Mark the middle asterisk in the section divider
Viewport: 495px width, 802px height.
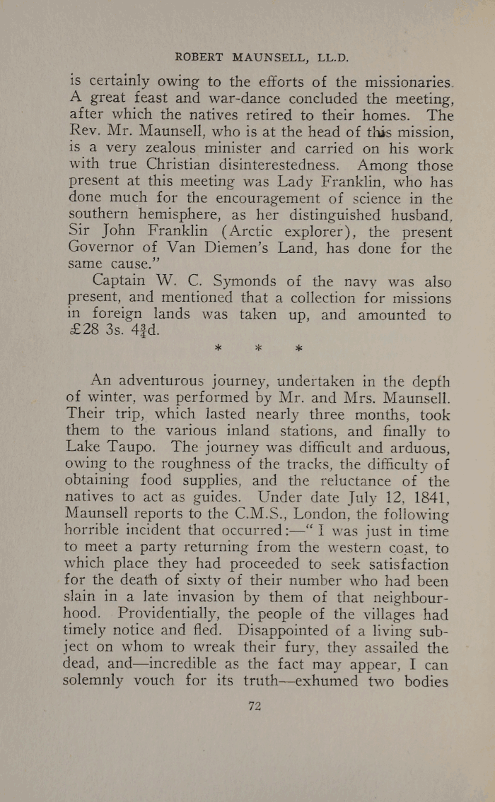pos(257,349)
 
